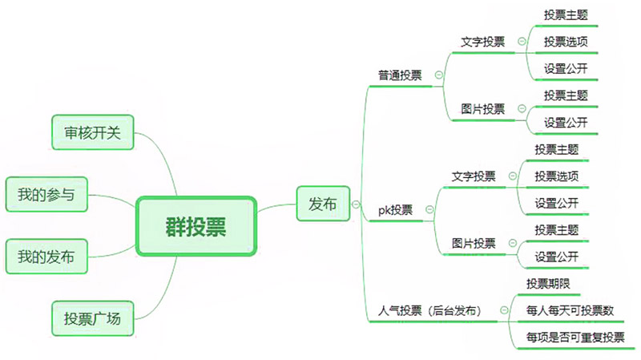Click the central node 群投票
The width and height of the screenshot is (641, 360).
coord(196,227)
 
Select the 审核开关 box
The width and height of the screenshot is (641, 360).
coord(91,132)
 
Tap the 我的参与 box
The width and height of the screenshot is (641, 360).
coord(46,194)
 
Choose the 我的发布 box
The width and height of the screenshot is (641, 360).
coord(46,257)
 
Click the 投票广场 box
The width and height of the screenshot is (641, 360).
coord(91,318)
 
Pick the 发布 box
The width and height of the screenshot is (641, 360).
coord(322,204)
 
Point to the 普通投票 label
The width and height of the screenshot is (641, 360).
coord(401,75)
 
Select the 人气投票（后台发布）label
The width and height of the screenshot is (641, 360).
coord(429,309)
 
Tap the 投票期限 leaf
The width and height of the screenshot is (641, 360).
coord(548,284)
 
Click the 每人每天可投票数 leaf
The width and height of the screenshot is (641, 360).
coord(570,309)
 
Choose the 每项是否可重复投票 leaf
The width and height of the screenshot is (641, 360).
coord(575,337)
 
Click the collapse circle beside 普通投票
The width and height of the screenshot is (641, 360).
coord(438,75)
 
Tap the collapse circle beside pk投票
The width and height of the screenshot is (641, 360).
coord(429,210)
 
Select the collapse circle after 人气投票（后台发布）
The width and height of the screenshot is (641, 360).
coord(503,309)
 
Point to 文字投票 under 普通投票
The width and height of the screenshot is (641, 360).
coord(483,42)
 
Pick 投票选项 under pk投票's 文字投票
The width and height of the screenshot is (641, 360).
coord(557,176)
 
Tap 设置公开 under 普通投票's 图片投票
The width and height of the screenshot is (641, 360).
coord(566,123)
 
